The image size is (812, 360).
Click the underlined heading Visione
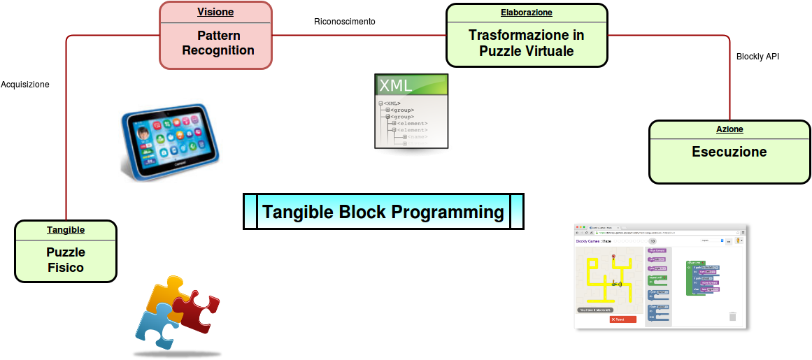[x=215, y=12]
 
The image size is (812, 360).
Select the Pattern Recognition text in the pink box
[x=218, y=43]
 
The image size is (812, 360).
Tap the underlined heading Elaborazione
[x=526, y=13]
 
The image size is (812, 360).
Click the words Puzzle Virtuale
[x=526, y=51]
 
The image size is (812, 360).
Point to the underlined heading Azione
[x=729, y=129]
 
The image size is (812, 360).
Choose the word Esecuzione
[x=729, y=152]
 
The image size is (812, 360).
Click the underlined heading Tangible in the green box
[x=66, y=229]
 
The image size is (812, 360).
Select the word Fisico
[x=66, y=268]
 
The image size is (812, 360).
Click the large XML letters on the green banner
[x=396, y=86]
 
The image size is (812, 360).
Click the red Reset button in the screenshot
[x=622, y=319]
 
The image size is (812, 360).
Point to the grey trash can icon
[x=732, y=316]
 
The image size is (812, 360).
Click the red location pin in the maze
[x=613, y=258]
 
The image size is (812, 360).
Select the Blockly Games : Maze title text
[x=593, y=241]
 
